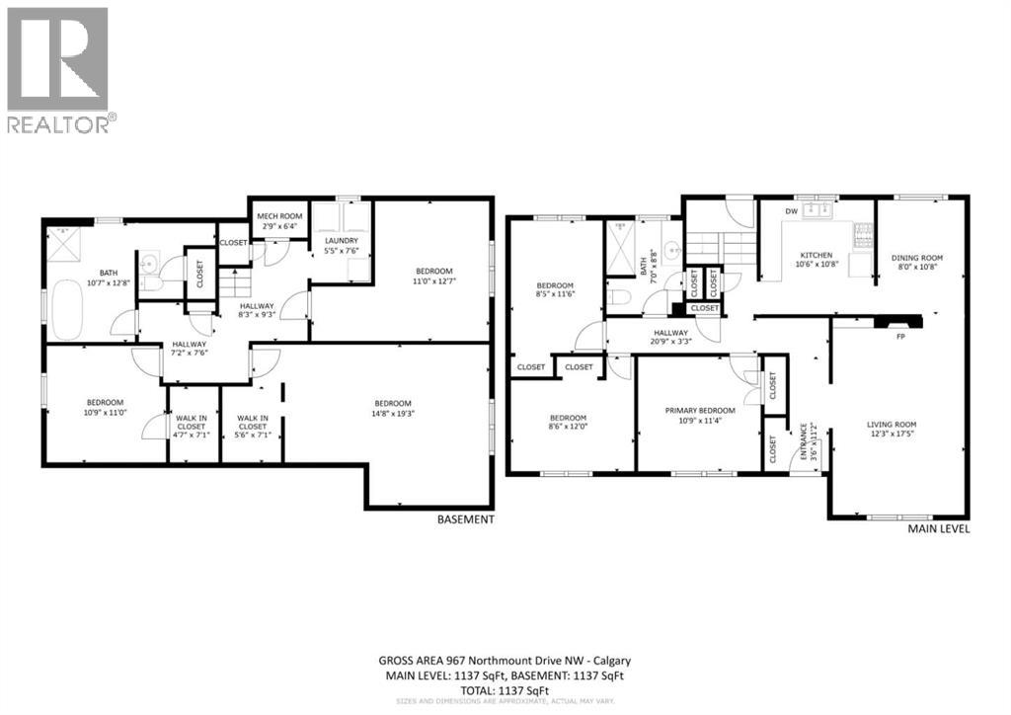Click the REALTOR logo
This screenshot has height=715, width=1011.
click(58, 70)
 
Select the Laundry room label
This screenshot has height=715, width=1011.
click(342, 246)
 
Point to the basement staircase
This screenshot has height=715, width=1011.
click(233, 287)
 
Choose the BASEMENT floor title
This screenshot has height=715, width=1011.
click(465, 518)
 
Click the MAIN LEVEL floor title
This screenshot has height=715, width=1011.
click(937, 528)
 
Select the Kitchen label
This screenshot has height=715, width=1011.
click(816, 260)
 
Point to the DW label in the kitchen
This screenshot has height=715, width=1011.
click(791, 211)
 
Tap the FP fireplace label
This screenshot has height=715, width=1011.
click(900, 337)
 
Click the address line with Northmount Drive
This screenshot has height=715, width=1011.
click(505, 661)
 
